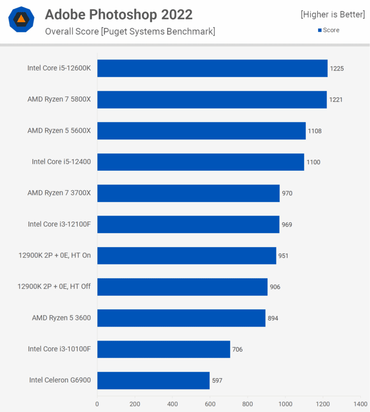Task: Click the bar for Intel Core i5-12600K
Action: (x=212, y=69)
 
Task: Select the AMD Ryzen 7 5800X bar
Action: (x=211, y=99)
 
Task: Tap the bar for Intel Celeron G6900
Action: (x=153, y=380)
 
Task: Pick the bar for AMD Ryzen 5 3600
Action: (x=181, y=318)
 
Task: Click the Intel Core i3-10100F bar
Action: (x=163, y=349)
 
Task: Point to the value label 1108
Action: (x=315, y=131)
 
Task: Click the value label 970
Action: (x=287, y=193)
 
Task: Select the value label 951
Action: (x=283, y=256)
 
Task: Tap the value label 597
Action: (x=217, y=380)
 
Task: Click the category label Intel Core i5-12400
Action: (x=61, y=162)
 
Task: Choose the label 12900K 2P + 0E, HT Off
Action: (x=54, y=287)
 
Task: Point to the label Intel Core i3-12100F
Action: (x=59, y=224)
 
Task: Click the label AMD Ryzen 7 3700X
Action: (x=59, y=193)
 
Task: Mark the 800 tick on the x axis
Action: (x=248, y=404)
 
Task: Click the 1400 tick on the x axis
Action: (x=360, y=404)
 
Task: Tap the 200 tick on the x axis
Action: (x=135, y=404)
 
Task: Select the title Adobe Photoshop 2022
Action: (x=119, y=14)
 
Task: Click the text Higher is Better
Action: (x=333, y=14)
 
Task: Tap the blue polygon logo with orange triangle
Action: (x=21, y=19)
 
